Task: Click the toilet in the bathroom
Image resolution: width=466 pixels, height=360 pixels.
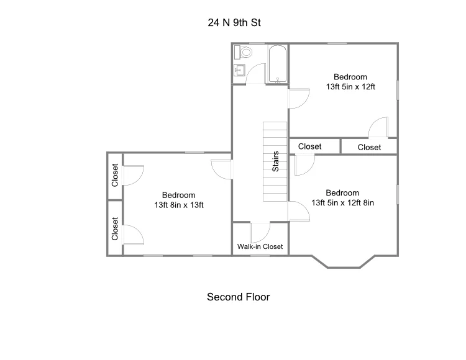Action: [x=243, y=53]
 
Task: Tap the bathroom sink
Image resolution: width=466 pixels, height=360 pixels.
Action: [x=239, y=70]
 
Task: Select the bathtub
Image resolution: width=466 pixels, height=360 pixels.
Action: [x=278, y=64]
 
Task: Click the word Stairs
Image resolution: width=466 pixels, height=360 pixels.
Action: [x=275, y=161]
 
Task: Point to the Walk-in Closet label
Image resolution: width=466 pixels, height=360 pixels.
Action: [x=260, y=246]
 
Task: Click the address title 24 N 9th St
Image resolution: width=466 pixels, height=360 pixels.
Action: [x=234, y=22]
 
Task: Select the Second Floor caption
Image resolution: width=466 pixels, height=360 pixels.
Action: [x=239, y=297]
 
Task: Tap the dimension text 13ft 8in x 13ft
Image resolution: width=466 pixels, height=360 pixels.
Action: [x=179, y=205]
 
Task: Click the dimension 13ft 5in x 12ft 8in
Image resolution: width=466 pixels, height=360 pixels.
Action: [x=342, y=203]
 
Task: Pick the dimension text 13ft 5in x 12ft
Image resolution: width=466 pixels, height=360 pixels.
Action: [x=350, y=87]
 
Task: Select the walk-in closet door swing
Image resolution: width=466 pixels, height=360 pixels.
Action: [x=260, y=232]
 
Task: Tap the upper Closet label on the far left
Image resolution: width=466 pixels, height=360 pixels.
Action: [x=115, y=175]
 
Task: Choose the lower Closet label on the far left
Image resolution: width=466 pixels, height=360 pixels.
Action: [x=115, y=228]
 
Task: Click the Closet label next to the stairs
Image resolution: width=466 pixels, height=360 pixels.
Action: [x=309, y=146]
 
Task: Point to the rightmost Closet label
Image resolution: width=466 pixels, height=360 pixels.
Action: [x=370, y=147]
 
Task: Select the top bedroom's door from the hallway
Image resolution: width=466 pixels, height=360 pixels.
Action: [x=299, y=98]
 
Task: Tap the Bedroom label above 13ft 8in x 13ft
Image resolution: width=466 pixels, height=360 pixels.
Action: [x=178, y=195]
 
